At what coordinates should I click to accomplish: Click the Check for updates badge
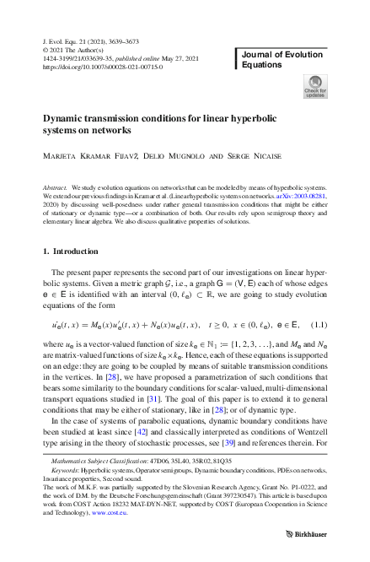click(x=314, y=86)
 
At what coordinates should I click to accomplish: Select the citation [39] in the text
click(x=228, y=440)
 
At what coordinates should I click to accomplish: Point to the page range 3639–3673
click(x=131, y=41)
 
